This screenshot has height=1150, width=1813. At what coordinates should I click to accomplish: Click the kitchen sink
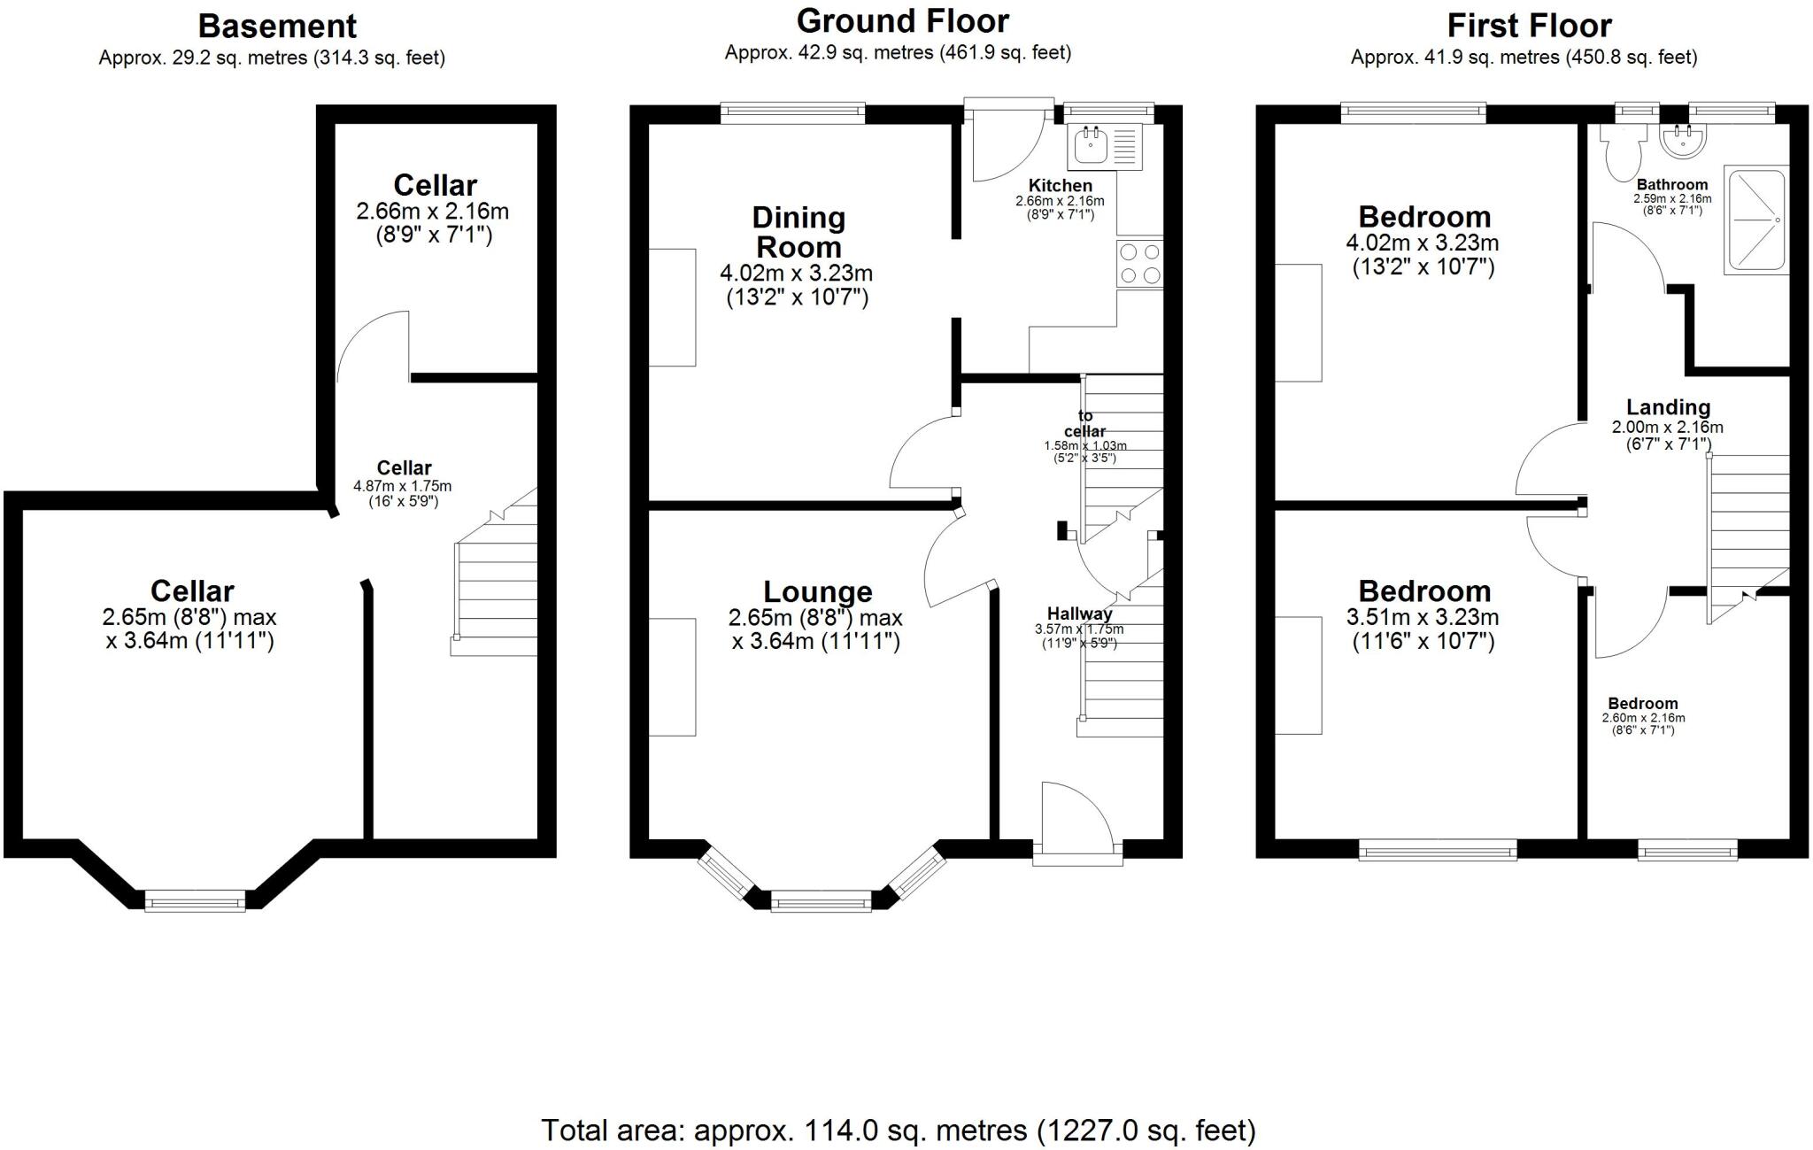1090,147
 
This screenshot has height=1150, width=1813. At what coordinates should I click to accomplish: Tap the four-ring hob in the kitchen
1140,263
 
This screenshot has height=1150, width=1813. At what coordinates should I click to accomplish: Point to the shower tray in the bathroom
1755,219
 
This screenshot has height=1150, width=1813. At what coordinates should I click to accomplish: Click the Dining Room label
798,232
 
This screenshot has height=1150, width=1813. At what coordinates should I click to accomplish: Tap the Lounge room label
818,591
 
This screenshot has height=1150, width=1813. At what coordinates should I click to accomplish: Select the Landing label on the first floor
1668,407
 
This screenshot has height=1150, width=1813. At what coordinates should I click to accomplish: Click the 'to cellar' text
1085,423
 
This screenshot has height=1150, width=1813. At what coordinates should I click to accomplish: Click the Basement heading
276,26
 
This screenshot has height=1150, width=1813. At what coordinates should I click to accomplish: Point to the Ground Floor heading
902,20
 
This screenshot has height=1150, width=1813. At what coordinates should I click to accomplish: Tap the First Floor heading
1528,25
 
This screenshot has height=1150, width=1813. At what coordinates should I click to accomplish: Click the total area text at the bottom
898,1130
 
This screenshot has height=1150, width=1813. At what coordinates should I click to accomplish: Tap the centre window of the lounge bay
821,902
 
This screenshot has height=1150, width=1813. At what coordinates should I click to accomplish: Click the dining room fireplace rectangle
672,306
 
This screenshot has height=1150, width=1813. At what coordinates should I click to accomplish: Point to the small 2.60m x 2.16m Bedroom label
1643,704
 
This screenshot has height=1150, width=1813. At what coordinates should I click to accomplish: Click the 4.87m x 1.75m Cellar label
404,467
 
